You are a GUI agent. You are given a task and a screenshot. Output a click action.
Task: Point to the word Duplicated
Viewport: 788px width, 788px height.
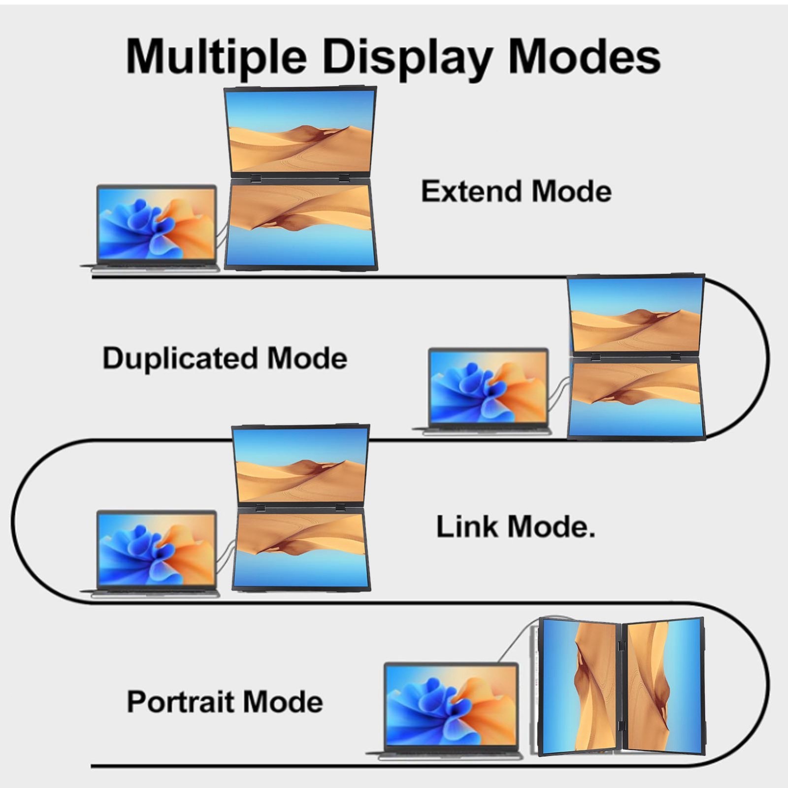[x=179, y=358]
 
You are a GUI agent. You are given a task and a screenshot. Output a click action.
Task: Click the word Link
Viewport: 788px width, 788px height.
[x=466, y=526]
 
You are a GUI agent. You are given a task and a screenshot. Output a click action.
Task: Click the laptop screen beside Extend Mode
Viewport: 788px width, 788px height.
[x=157, y=224]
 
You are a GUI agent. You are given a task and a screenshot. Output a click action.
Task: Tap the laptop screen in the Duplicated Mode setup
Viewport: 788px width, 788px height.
[x=488, y=386]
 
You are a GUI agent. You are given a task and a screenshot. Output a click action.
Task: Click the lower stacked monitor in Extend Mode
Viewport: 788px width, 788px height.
[x=300, y=224]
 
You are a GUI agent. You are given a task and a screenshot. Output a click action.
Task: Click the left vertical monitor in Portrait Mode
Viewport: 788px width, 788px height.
[x=580, y=687]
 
